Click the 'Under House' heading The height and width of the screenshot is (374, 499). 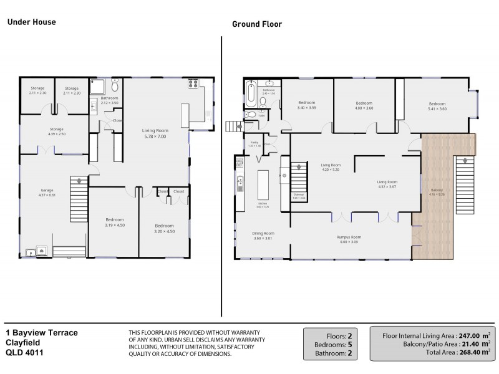(x=31, y=22)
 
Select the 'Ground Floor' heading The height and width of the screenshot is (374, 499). (x=257, y=24)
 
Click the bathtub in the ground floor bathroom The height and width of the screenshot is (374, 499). (x=251, y=93)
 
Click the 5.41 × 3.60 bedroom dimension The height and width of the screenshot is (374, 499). (x=437, y=109)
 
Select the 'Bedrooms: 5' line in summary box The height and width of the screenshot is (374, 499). (x=331, y=343)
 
